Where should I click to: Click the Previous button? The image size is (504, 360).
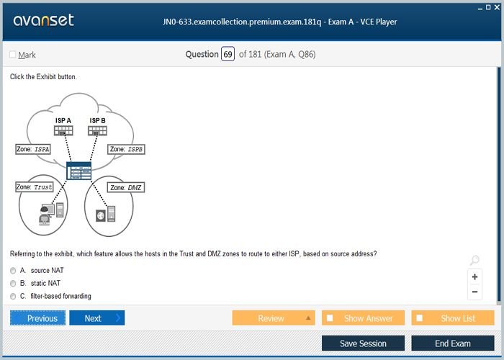point(38,318)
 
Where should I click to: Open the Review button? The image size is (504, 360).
point(274,318)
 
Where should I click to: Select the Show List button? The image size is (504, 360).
point(453,318)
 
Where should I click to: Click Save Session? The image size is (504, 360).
point(363,343)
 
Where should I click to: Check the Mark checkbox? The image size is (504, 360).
point(13,55)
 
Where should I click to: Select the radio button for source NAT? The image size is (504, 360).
point(13,271)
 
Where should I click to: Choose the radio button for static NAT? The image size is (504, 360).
point(13,284)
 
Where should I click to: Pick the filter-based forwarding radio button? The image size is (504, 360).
point(13,296)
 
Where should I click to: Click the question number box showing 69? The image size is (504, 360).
point(228,55)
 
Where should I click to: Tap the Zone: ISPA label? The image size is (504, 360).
point(34,149)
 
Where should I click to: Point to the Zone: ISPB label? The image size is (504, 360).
point(127,149)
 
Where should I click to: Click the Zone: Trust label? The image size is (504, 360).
point(35,187)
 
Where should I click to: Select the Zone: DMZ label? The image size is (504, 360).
point(126,187)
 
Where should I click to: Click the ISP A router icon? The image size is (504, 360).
point(63,130)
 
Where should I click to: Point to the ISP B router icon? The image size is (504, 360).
point(98,130)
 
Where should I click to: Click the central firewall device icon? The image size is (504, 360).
point(78,171)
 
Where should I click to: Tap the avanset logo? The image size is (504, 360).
point(43,21)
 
